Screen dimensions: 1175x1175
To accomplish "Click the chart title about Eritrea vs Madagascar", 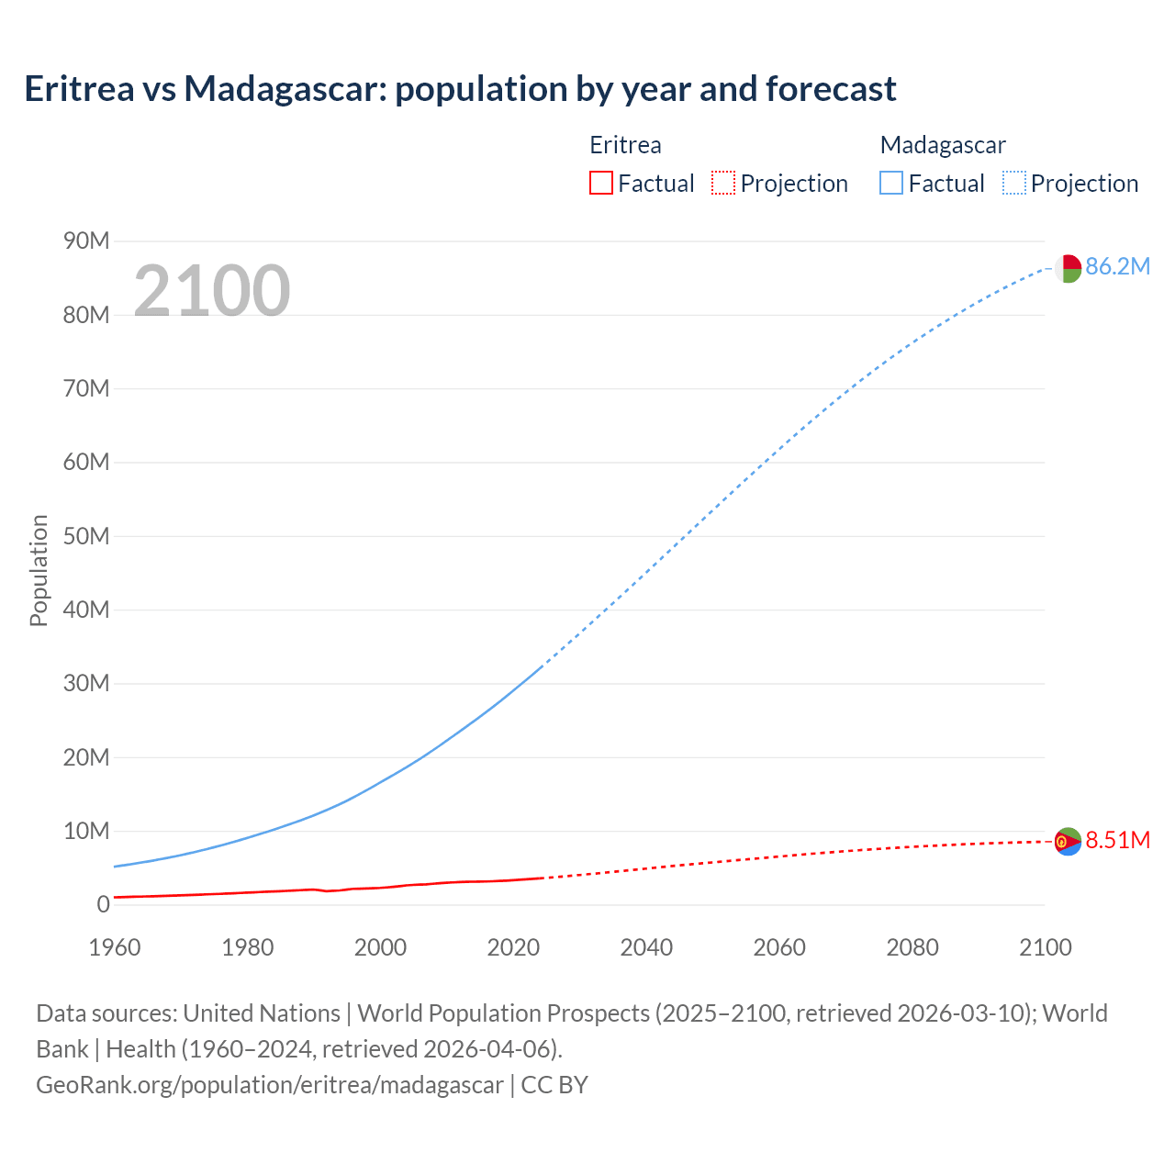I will pos(460,89).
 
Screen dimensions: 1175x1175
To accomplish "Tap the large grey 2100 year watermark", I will pos(212,291).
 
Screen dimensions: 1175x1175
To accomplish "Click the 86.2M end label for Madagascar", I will pos(1117,267).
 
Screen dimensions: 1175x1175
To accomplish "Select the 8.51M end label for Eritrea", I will pos(1117,841).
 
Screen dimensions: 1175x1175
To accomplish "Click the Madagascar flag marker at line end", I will pos(1068,269).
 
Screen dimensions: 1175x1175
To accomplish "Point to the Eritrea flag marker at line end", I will pos(1068,841).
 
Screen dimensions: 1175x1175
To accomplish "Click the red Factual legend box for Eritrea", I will pos(601,184).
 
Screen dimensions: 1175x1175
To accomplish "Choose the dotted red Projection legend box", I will pos(723,184).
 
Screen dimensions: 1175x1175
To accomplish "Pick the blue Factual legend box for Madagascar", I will pos(891,184).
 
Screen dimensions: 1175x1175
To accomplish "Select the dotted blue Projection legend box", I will pos(1013,184).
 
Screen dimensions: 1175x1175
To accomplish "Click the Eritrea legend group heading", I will pos(625,145).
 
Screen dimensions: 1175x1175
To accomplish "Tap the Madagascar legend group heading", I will pos(943,145).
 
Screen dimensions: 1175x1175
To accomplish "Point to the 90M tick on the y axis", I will pos(86,241).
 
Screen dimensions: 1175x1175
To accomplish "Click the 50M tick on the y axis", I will pos(86,536).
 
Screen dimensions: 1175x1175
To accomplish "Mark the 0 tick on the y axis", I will pos(103,905).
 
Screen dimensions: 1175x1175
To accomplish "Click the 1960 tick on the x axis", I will pos(115,947).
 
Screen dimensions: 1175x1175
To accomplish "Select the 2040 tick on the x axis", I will pos(646,947).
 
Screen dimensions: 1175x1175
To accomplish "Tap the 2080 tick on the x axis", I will pos(912,947).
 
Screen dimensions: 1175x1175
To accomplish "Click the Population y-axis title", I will pos(39,570).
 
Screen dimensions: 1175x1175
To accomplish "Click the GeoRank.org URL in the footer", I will pos(270,1085).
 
